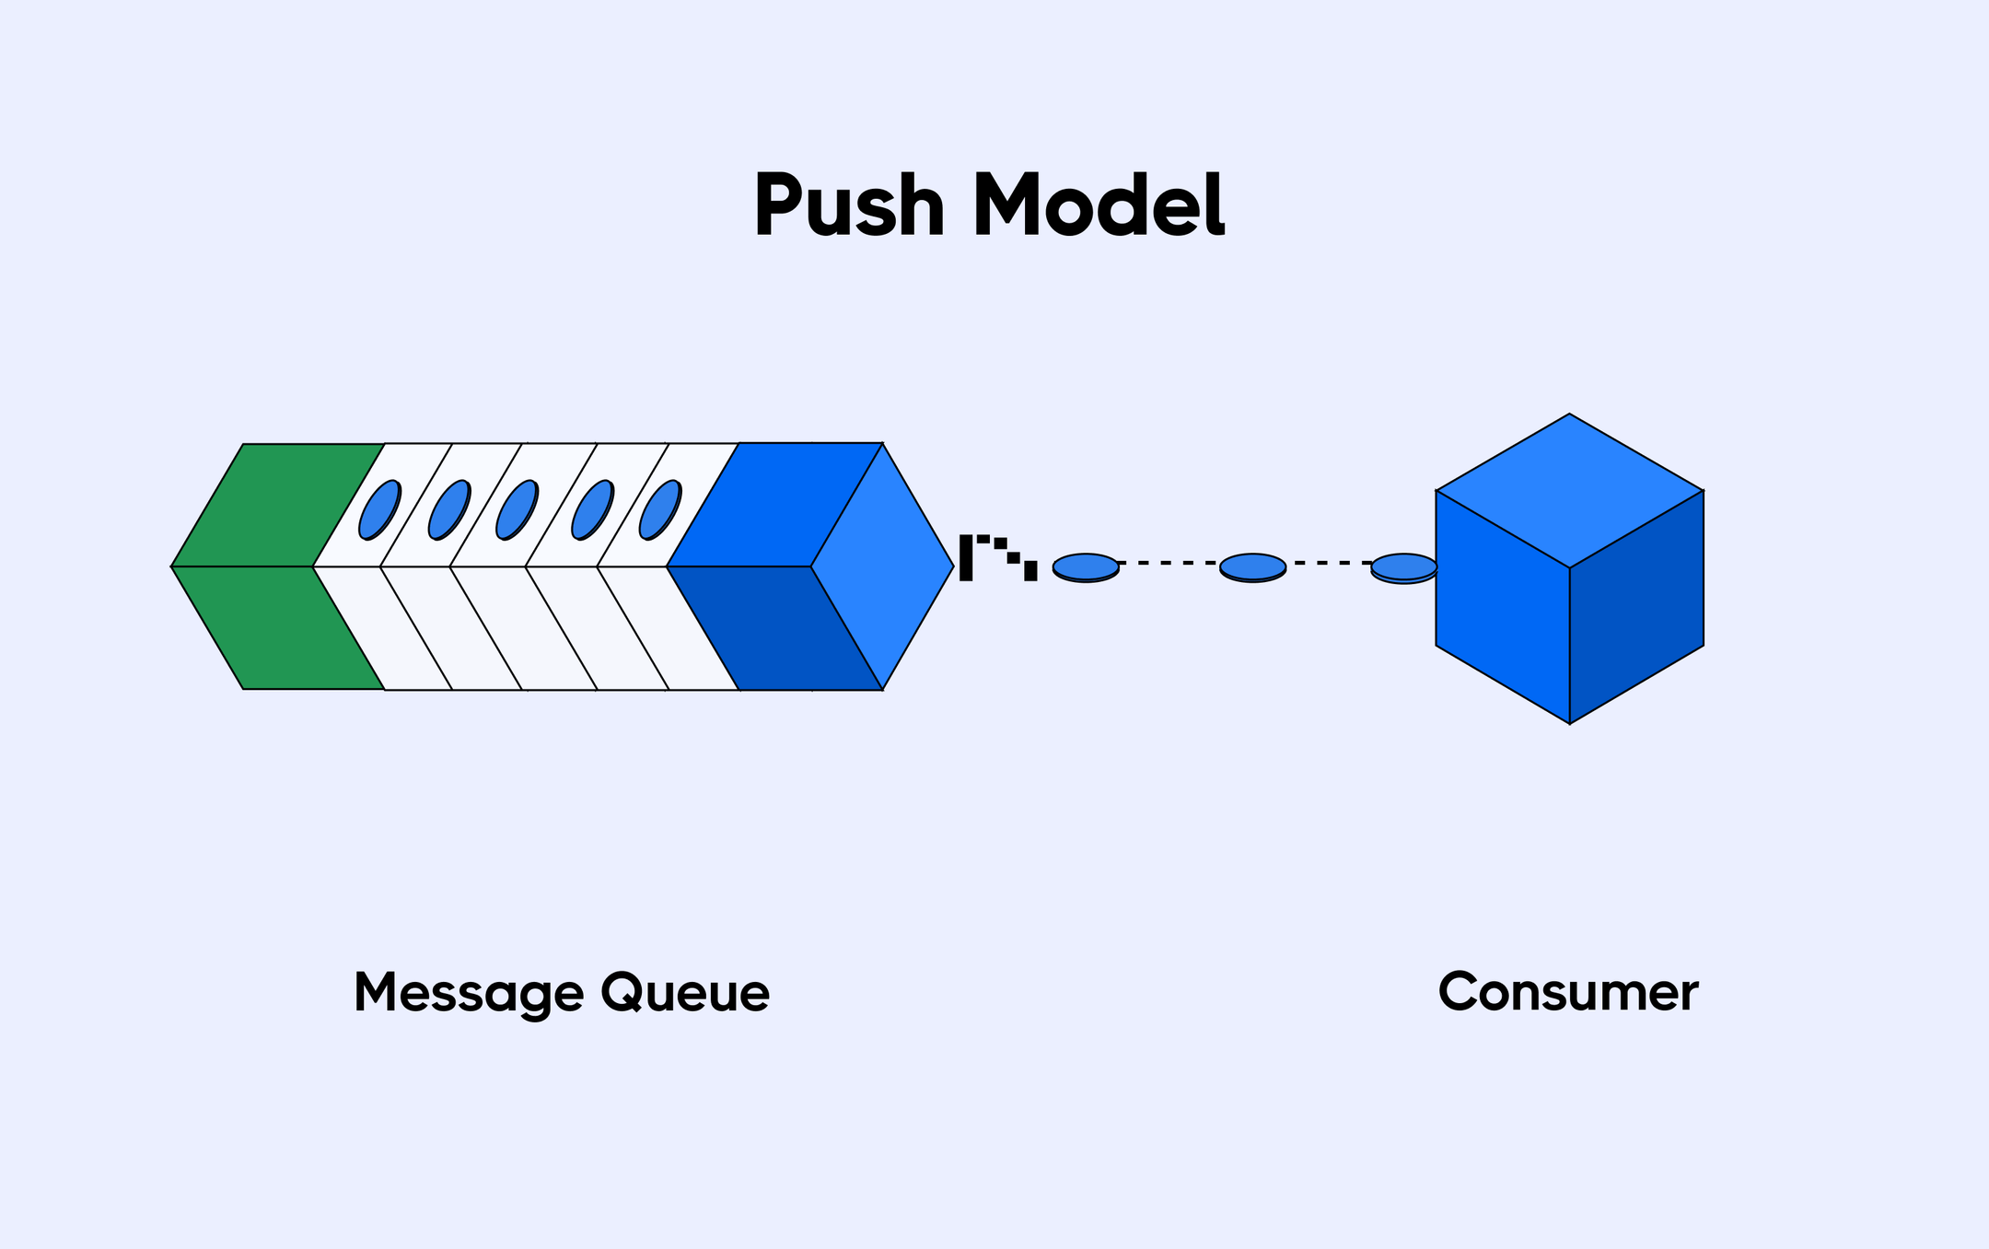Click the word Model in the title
coord(1099,206)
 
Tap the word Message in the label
coord(469,994)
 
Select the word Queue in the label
coord(685,994)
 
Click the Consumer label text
coord(1568,993)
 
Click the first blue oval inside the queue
coord(379,509)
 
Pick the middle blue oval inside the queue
coord(517,509)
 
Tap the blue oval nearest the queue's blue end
coord(660,509)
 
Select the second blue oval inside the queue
coord(449,509)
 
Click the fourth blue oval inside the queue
coord(592,509)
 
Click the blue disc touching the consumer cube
coord(1403,567)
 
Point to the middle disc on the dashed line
coord(1252,566)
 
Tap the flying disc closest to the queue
coord(1086,566)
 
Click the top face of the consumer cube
coord(1569,490)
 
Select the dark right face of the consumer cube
coord(1637,608)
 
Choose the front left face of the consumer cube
coord(1502,608)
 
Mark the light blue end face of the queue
coord(882,566)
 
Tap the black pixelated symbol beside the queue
coord(997,557)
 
